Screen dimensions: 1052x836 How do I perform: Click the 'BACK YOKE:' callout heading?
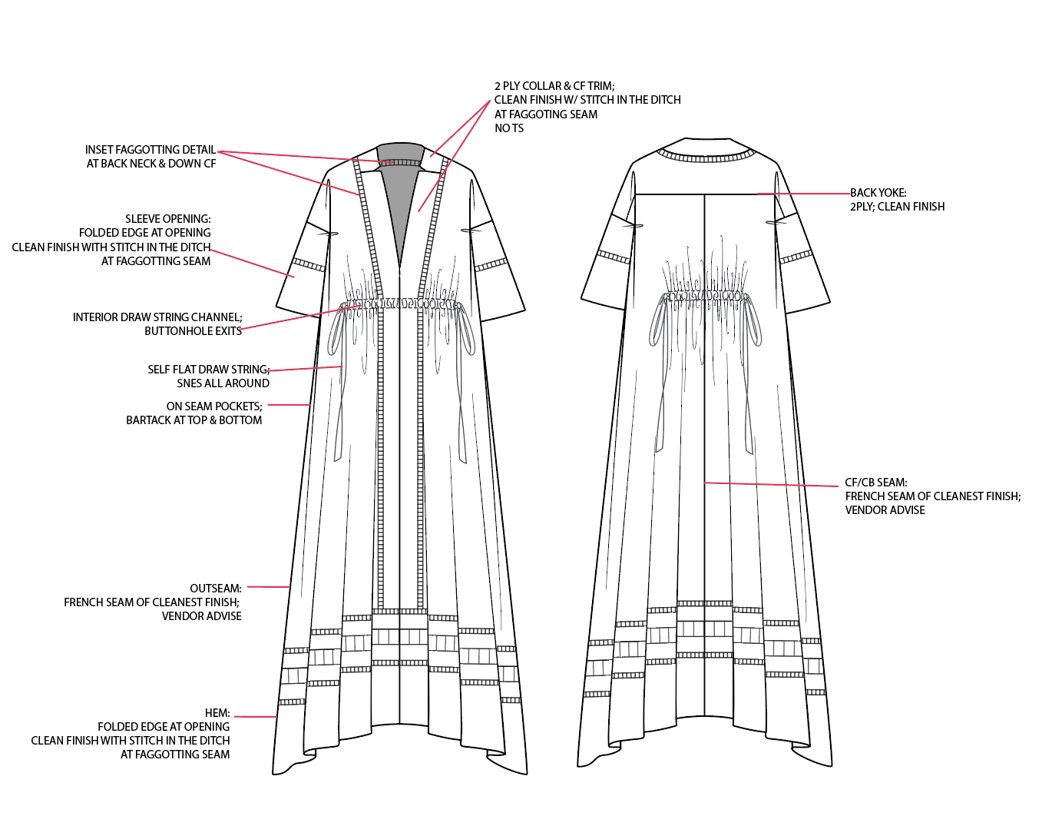tap(878, 193)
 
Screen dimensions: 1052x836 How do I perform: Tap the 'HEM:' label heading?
tap(217, 713)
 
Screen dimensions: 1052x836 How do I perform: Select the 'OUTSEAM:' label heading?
tap(216, 588)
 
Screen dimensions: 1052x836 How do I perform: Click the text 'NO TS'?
tap(509, 128)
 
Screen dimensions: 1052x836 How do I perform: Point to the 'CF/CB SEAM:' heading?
tap(876, 483)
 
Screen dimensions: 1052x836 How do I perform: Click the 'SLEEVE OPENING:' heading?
tap(167, 219)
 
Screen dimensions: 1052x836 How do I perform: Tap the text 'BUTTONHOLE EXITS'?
tap(193, 331)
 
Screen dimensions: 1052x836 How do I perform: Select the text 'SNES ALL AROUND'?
tap(223, 383)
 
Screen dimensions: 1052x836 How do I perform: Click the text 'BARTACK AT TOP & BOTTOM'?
tap(194, 420)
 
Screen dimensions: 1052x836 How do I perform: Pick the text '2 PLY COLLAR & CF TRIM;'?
tap(554, 86)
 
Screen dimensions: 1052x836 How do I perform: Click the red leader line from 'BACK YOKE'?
tap(804, 194)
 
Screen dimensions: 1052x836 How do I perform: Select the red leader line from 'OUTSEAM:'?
tap(269, 586)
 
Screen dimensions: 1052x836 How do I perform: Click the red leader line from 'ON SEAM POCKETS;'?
tap(289, 405)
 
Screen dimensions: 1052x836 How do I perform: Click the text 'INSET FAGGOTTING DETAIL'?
tap(150, 150)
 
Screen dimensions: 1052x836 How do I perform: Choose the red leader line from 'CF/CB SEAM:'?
tap(772, 484)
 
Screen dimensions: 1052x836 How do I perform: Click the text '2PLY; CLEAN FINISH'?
tap(897, 207)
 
